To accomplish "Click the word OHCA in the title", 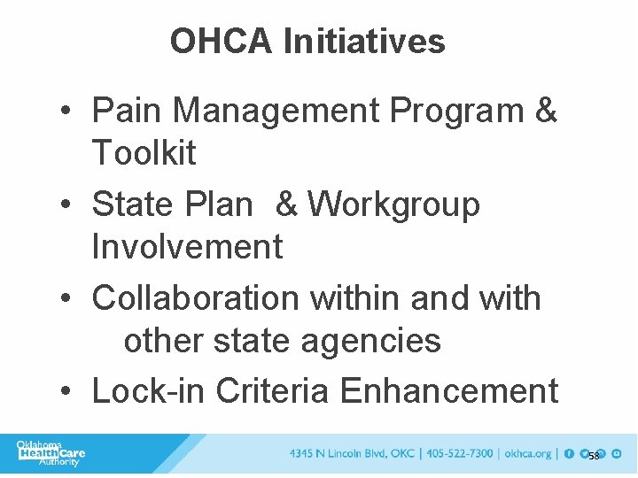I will point(222,41).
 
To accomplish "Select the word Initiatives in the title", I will point(365,41).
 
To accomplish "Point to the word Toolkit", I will point(144,152).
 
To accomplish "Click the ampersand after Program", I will point(547,111).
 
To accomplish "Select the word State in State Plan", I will point(132,204).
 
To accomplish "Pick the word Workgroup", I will point(393,204).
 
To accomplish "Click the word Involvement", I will point(187,246).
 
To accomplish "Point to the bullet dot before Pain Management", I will point(67,112).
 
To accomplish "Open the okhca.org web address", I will point(527,454).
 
